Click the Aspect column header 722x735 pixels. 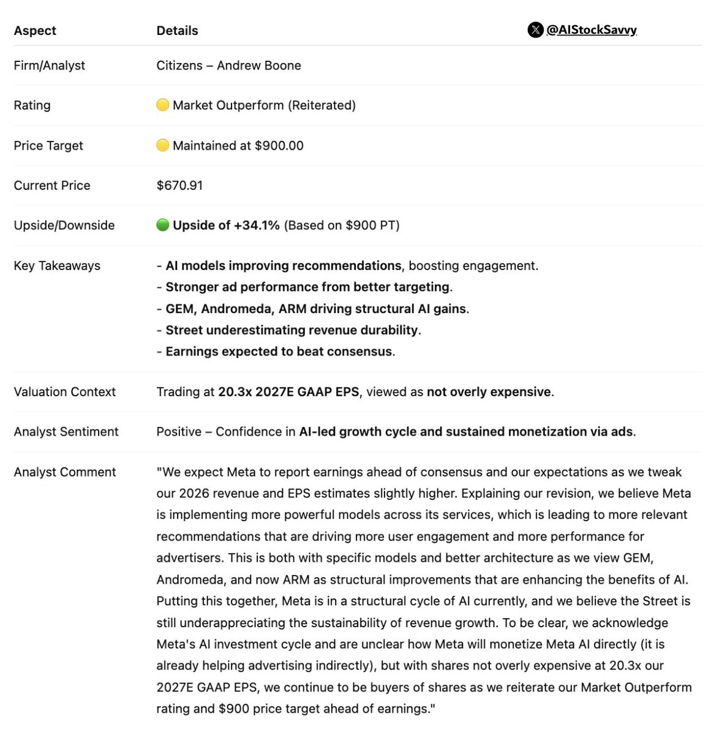click(35, 31)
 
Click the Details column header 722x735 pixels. click(177, 31)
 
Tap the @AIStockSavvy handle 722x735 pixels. click(591, 29)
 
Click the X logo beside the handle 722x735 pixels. click(535, 29)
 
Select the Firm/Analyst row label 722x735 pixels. click(49, 66)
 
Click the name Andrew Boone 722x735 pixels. click(258, 66)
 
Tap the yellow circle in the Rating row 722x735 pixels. click(162, 105)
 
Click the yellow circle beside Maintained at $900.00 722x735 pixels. click(162, 145)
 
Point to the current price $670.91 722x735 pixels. click(179, 186)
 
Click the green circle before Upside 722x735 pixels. click(162, 225)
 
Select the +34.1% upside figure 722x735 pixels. click(257, 225)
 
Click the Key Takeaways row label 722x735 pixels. click(57, 266)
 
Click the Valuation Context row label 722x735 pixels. click(64, 392)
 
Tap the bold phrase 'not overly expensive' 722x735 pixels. click(489, 392)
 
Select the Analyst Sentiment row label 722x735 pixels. click(66, 432)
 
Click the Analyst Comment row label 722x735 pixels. click(64, 472)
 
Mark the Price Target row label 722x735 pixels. click(48, 146)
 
